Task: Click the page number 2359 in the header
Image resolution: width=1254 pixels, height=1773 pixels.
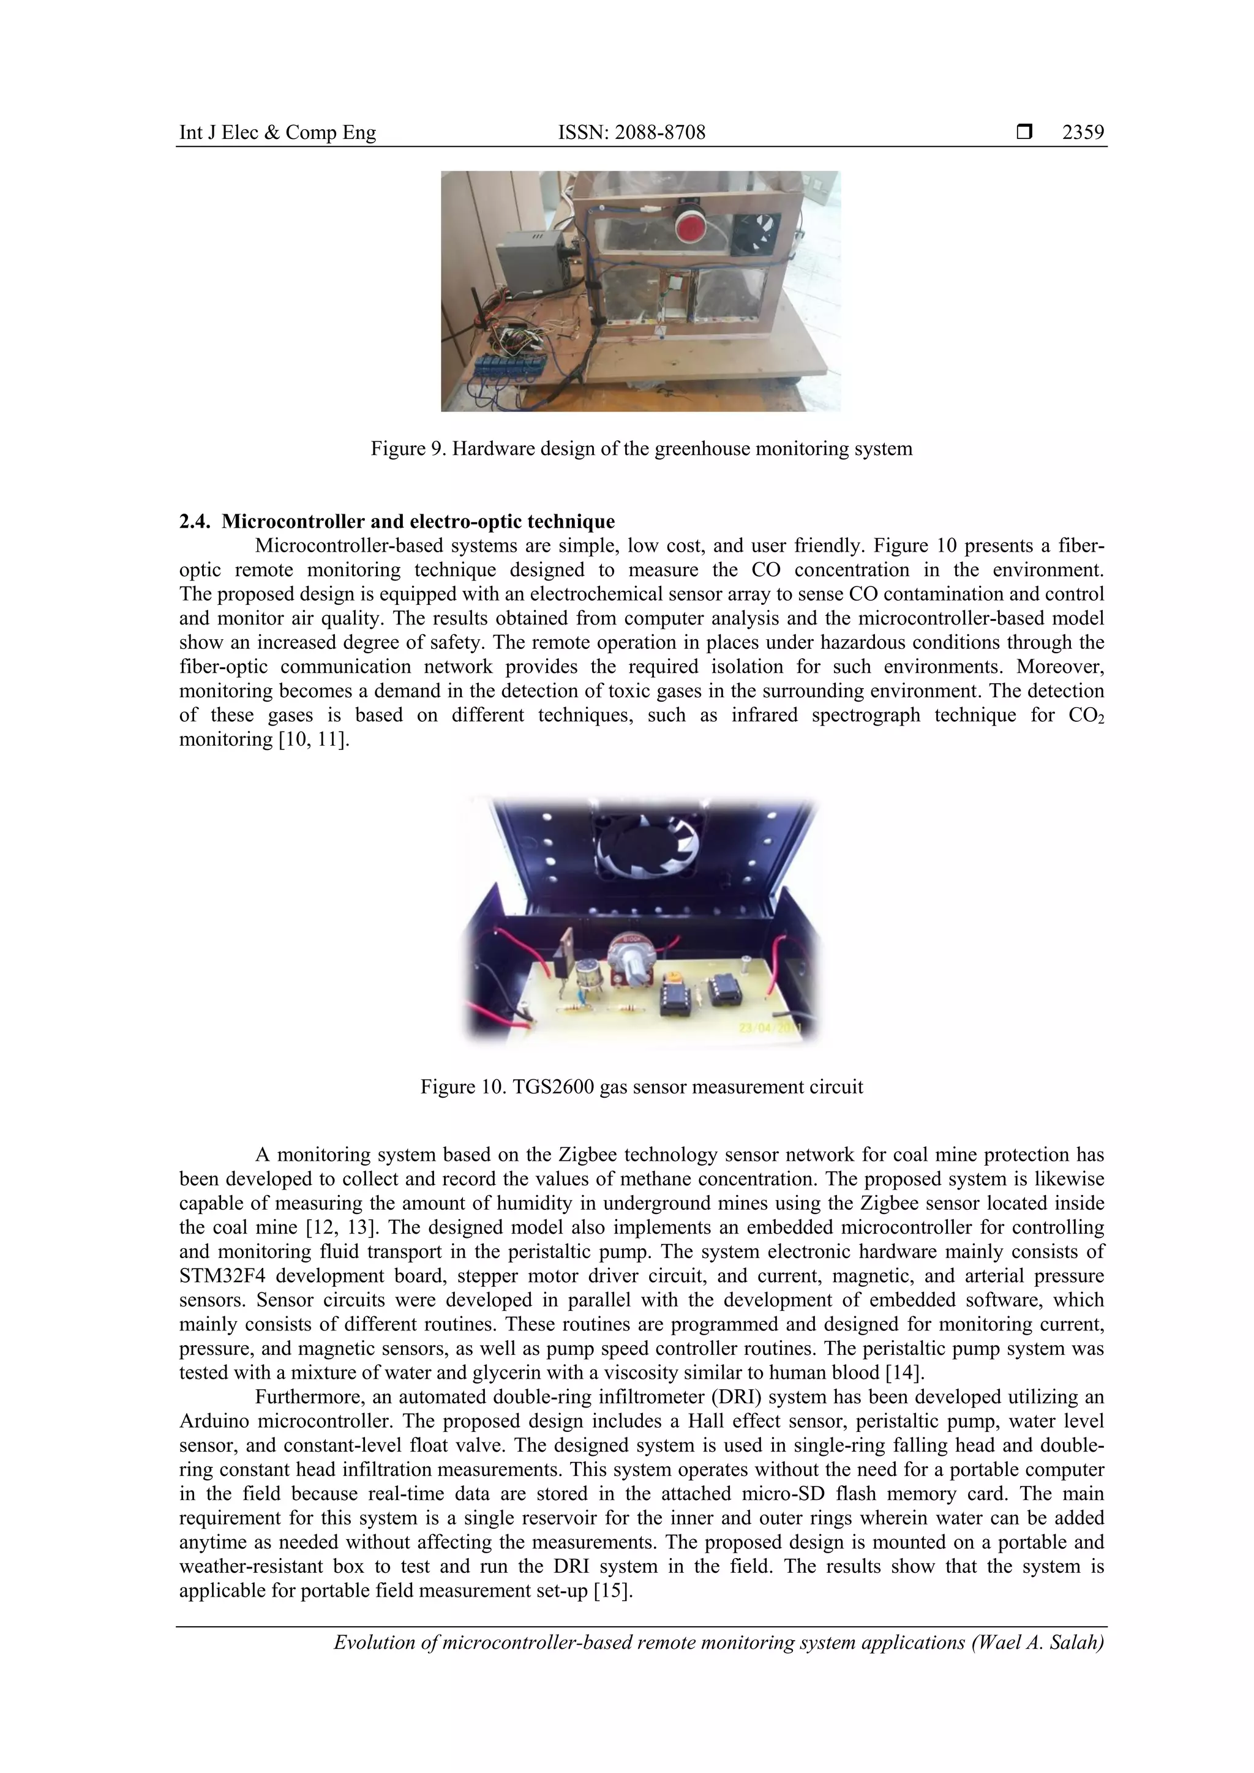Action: coord(1083,133)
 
